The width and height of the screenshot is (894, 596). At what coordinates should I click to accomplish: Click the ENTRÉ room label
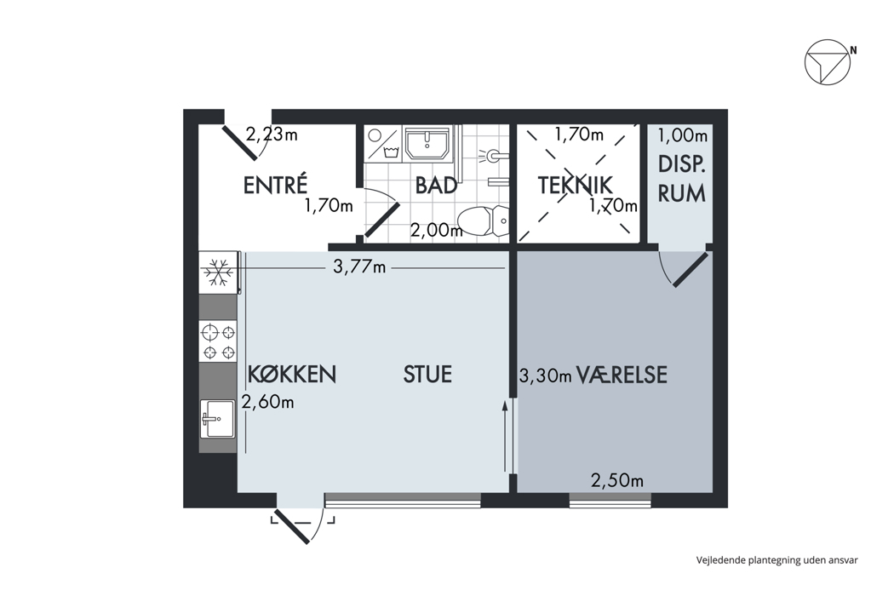(x=275, y=185)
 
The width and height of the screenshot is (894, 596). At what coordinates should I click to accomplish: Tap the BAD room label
(x=436, y=186)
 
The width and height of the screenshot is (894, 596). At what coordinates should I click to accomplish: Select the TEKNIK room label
(x=575, y=186)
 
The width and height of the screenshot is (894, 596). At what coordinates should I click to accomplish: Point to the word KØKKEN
(x=292, y=374)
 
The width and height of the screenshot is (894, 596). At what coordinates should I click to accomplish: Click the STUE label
(x=427, y=374)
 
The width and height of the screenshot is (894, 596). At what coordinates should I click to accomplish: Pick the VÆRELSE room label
(x=622, y=375)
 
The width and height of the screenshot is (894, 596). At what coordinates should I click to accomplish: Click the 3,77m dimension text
(x=359, y=266)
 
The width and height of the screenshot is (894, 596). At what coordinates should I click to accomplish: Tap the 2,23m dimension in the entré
(x=272, y=135)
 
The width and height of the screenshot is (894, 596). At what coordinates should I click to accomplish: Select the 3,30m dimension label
(x=545, y=375)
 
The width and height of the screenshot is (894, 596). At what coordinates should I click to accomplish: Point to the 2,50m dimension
(x=617, y=481)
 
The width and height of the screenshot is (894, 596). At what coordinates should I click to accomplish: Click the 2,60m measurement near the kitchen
(x=267, y=402)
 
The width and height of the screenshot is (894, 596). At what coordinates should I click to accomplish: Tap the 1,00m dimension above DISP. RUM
(x=683, y=135)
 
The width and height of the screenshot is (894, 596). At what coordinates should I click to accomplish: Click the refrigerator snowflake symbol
(x=218, y=272)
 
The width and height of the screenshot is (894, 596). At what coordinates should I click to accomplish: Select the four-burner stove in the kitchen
(x=218, y=341)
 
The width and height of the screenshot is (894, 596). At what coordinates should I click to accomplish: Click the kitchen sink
(x=218, y=419)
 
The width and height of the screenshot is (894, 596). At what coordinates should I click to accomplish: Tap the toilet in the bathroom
(x=483, y=221)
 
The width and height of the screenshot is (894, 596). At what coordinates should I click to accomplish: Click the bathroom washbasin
(x=427, y=143)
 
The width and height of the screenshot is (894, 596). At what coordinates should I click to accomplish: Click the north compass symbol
(x=828, y=62)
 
